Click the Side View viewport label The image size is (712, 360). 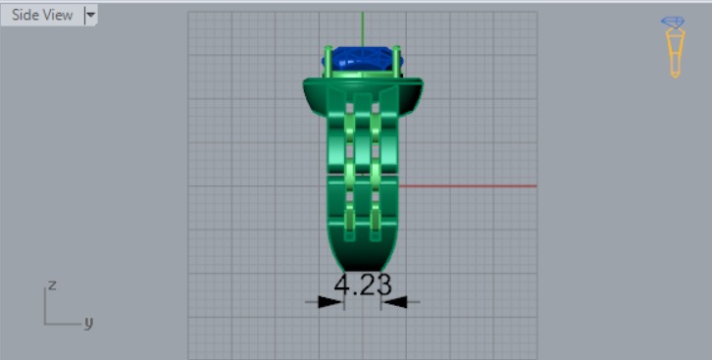point(41,15)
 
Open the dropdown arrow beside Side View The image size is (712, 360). point(90,15)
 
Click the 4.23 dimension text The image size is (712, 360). point(363,285)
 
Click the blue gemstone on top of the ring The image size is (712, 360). point(361,61)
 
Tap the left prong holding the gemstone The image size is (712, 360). point(328,61)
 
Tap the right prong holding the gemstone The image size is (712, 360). point(398,61)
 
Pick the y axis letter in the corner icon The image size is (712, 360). point(87,321)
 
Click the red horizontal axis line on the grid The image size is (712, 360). point(471,185)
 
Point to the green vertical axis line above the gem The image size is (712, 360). point(363,27)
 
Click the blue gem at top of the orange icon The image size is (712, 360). point(674,23)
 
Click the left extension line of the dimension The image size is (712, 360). point(343,289)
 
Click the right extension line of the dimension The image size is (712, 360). point(382,289)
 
